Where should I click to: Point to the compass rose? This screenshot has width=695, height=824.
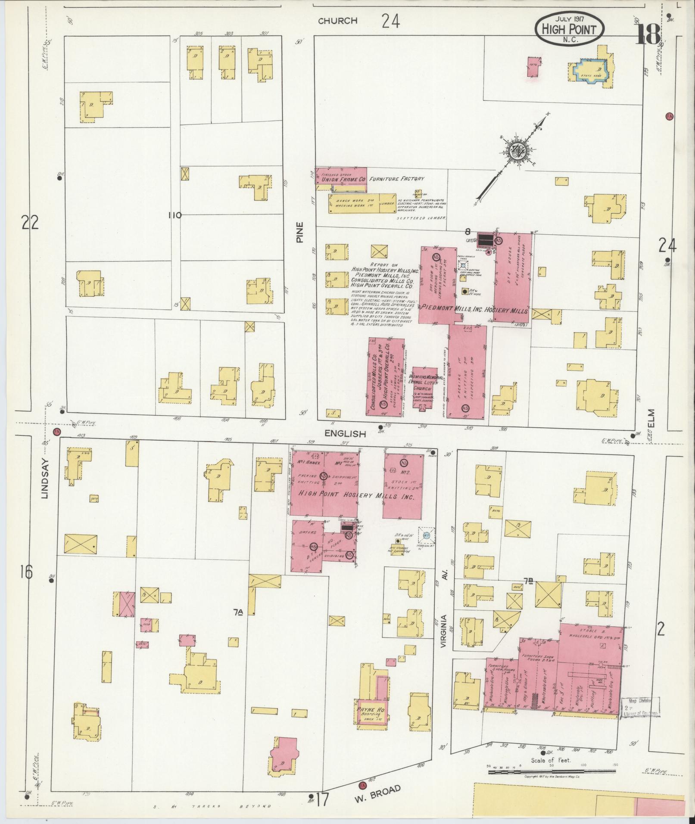click(515, 152)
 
